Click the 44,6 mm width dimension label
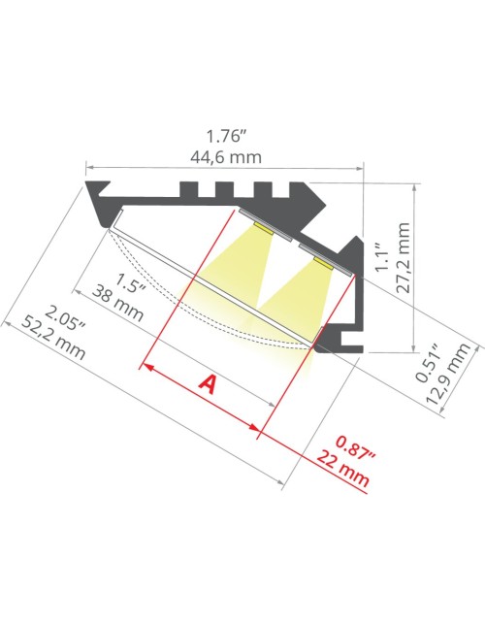(226, 157)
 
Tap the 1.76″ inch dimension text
(224, 137)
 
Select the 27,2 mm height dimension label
(404, 258)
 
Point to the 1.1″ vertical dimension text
(383, 258)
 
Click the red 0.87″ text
(356, 447)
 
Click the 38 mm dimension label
(117, 304)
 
